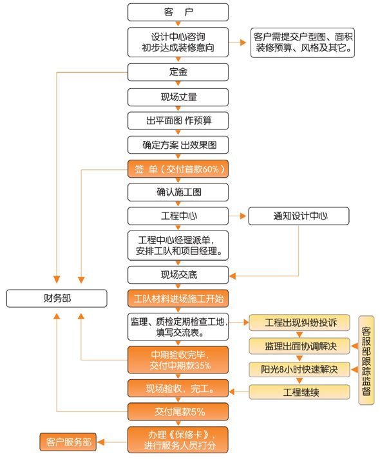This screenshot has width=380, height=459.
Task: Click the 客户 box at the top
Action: [x=178, y=12]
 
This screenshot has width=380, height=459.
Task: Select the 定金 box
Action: [x=178, y=72]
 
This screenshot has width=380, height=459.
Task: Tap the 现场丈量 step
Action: [x=178, y=97]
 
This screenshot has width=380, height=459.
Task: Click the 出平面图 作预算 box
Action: [x=178, y=121]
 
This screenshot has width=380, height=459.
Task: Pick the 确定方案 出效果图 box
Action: [x=178, y=145]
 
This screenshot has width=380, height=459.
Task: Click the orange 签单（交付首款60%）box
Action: [x=178, y=169]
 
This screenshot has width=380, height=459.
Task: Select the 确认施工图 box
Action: [x=178, y=192]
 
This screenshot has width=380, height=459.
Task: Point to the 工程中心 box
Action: [x=178, y=216]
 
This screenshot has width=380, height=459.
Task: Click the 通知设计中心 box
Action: [x=299, y=216]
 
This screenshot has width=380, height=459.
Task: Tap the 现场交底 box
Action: [x=178, y=275]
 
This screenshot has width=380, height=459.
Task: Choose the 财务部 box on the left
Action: [x=57, y=298]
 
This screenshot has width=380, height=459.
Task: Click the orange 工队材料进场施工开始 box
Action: [x=178, y=299]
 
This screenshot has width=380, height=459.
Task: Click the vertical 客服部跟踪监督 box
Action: [x=366, y=359]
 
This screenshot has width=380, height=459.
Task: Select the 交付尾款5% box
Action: [x=178, y=412]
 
